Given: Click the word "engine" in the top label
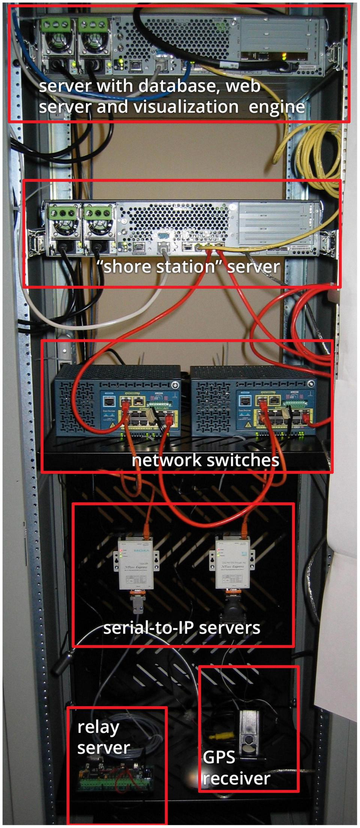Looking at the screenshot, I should tap(277, 107).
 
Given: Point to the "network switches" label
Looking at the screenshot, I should tap(205, 460).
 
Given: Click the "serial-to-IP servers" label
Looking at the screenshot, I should tap(182, 627).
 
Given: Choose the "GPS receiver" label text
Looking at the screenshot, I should tap(236, 768).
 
